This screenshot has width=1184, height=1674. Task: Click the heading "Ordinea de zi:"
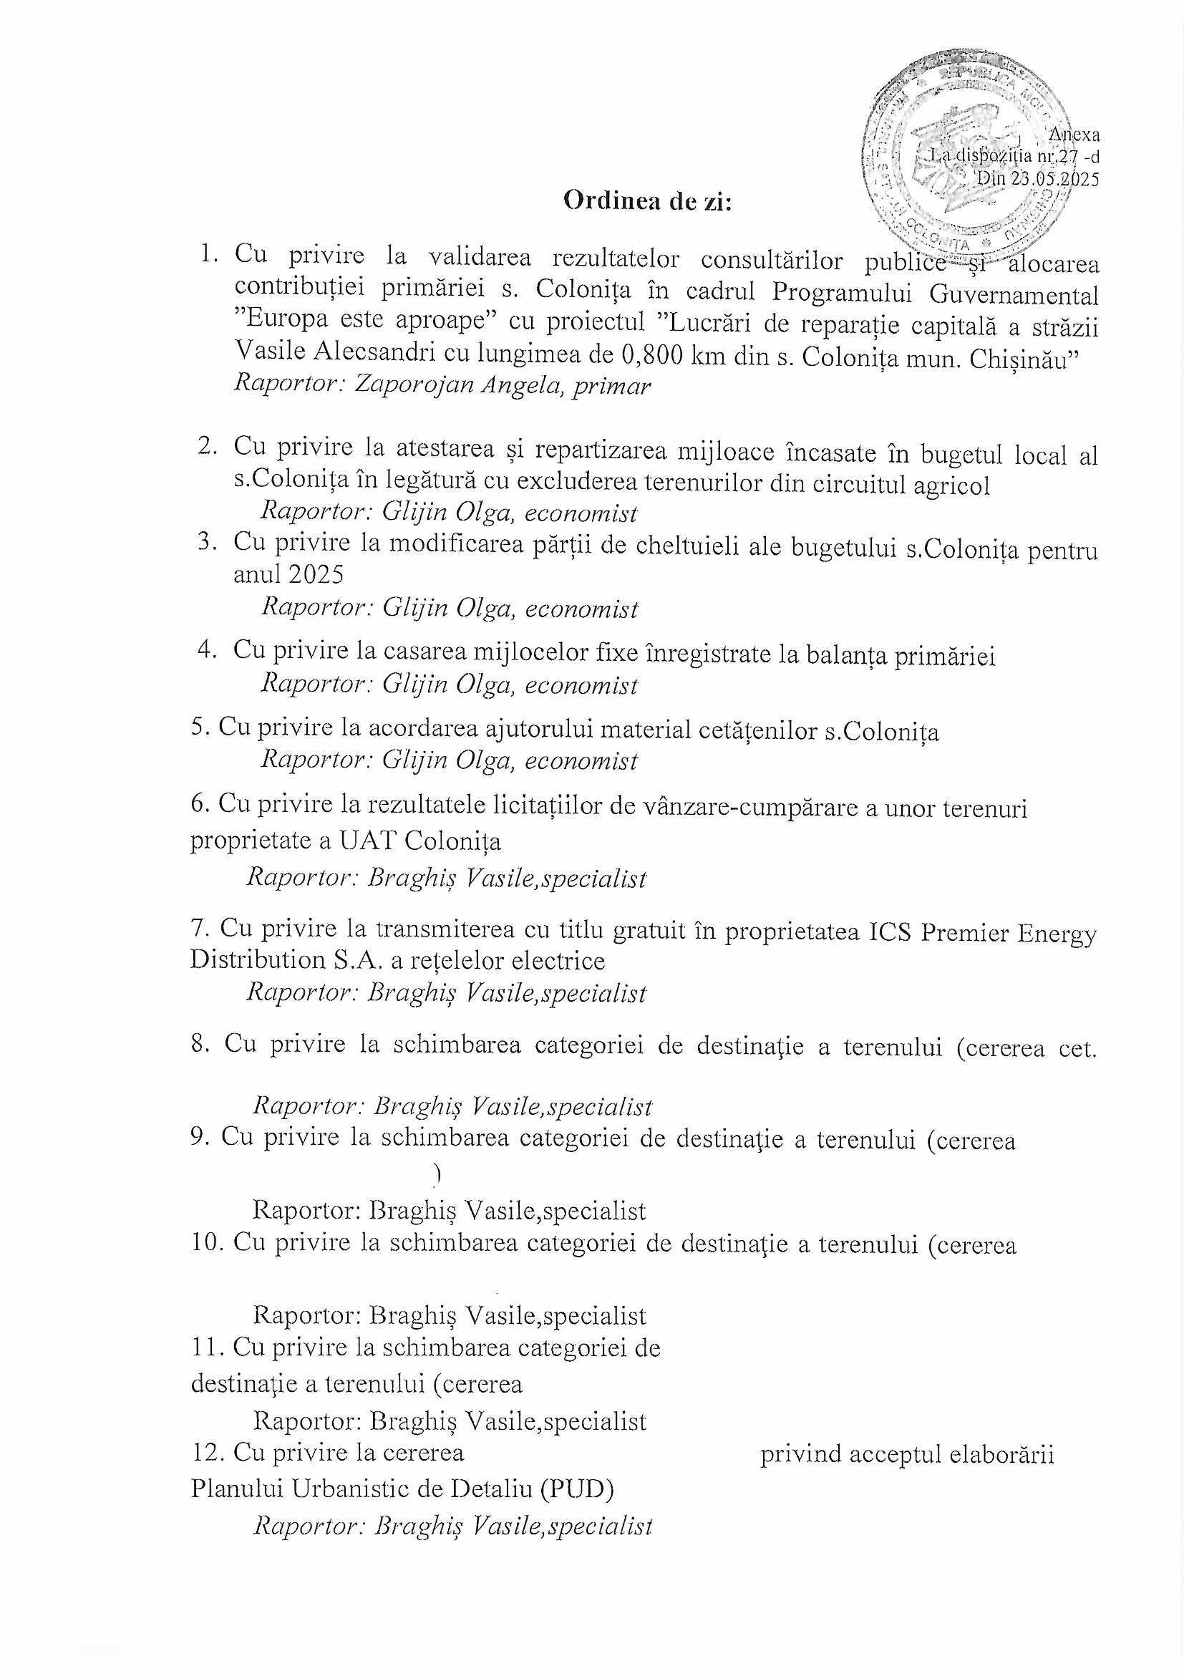(647, 202)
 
